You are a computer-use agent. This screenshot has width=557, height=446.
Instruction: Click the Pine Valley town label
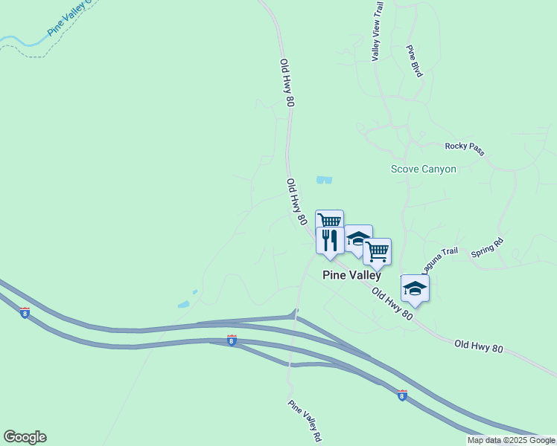(351, 275)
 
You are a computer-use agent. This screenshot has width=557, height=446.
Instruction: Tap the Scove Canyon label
(424, 169)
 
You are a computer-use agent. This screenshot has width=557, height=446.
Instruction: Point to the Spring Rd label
(488, 248)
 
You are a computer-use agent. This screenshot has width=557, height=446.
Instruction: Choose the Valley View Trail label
(378, 31)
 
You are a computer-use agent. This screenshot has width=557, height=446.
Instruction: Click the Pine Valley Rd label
(305, 421)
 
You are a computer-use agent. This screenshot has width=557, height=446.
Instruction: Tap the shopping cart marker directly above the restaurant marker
(329, 221)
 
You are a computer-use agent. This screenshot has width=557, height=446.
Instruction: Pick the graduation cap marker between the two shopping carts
(358, 239)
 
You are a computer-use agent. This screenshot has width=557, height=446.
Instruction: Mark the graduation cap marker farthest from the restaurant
(415, 288)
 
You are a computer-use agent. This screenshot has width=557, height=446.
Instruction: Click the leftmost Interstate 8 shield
(25, 313)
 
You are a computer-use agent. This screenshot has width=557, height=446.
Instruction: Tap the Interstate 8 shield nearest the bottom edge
(402, 395)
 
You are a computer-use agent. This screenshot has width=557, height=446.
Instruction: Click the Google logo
(25, 437)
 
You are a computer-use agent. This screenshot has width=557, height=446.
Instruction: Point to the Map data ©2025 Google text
(512, 441)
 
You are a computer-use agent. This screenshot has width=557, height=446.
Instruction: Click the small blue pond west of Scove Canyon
(324, 180)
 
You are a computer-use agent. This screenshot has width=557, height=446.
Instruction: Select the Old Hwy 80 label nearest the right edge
(479, 347)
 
